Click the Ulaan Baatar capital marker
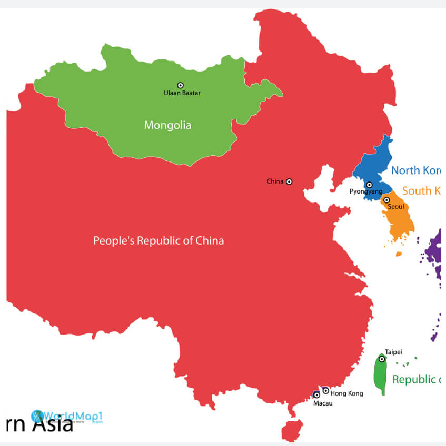point(180,85)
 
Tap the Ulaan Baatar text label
point(182,93)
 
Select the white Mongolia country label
point(167,125)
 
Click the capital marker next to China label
point(289,181)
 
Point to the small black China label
point(275,181)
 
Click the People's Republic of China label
point(158,241)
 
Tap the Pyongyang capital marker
point(369,185)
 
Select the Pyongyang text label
point(366,192)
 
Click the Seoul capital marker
point(386,200)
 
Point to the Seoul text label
point(396,207)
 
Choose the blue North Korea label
point(416,170)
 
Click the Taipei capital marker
point(382,359)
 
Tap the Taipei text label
point(393,352)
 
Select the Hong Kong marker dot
point(325,390)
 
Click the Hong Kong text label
point(347,393)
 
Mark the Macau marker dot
point(316,394)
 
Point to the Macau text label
point(323,403)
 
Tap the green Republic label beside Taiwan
point(416,379)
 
